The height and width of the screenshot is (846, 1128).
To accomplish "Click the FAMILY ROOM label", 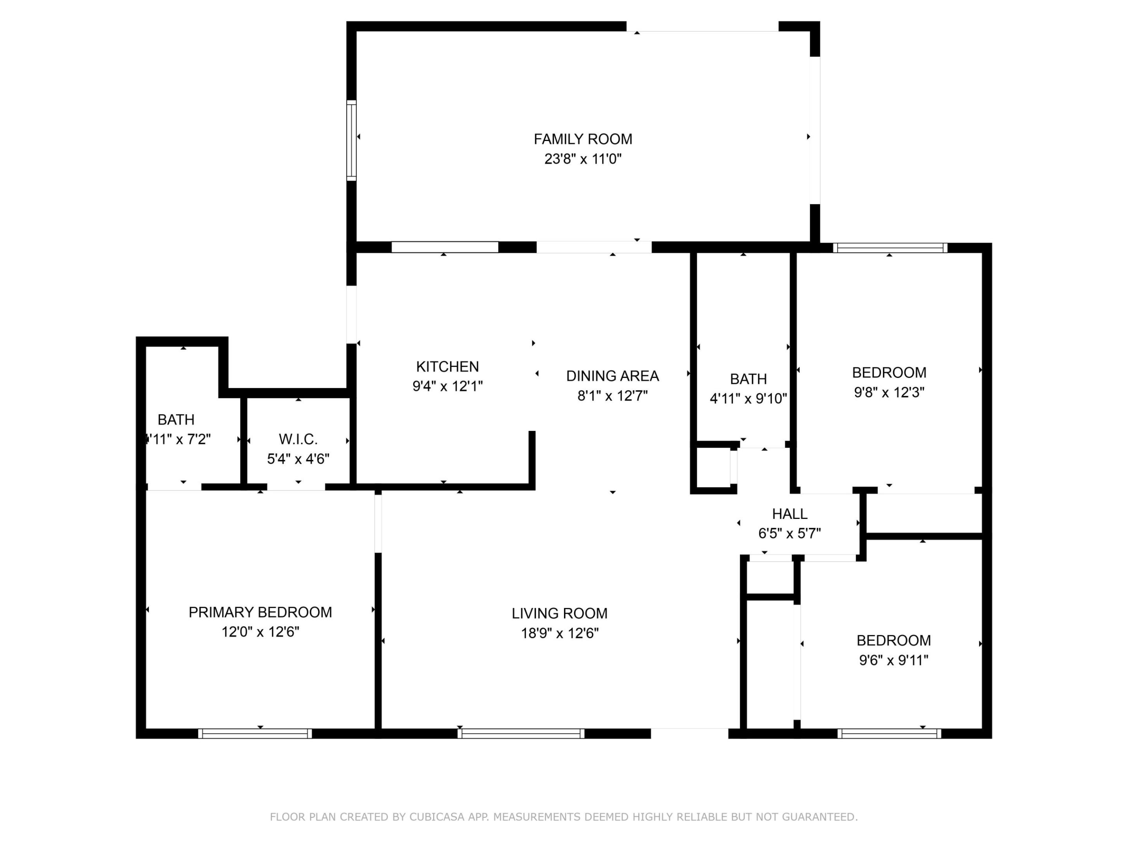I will (582, 139).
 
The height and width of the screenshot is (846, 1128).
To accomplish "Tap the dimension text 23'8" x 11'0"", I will (582, 159).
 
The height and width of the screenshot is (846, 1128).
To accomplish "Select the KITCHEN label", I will (447, 367).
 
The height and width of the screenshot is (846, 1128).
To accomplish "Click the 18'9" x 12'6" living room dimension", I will (559, 633).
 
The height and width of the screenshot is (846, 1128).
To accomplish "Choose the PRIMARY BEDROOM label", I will (260, 613).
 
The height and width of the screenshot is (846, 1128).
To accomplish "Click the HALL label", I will (789, 514).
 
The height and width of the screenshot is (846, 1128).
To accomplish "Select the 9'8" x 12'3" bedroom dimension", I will (889, 392).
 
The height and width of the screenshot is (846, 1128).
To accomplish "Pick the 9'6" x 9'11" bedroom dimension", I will (893, 660).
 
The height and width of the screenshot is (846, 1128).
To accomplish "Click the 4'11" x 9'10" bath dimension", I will (748, 398).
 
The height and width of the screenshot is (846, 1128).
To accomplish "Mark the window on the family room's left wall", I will (351, 140).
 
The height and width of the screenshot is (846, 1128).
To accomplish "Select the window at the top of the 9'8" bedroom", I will (890, 248).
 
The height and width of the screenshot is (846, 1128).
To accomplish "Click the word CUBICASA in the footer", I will (437, 817).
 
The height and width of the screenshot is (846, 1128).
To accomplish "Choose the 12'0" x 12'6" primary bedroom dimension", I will (260, 632).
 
